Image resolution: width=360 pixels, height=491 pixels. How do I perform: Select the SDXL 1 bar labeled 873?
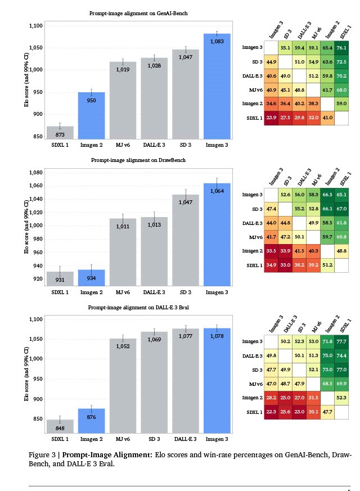tap(60, 133)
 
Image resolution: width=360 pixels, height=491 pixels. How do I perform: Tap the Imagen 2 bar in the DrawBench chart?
tap(91, 277)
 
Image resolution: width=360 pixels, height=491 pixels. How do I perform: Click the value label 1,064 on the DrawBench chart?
tap(217, 191)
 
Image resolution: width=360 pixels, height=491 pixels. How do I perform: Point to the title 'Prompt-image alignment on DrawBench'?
tap(138, 160)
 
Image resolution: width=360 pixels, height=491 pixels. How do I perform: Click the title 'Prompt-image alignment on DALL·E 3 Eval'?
tap(138, 308)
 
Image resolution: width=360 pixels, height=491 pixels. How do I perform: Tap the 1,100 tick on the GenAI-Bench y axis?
tap(35, 26)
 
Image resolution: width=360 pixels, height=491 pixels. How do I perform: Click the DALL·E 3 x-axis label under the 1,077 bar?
tap(185, 439)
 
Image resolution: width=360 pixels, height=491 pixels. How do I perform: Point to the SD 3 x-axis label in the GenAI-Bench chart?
tap(185, 145)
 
